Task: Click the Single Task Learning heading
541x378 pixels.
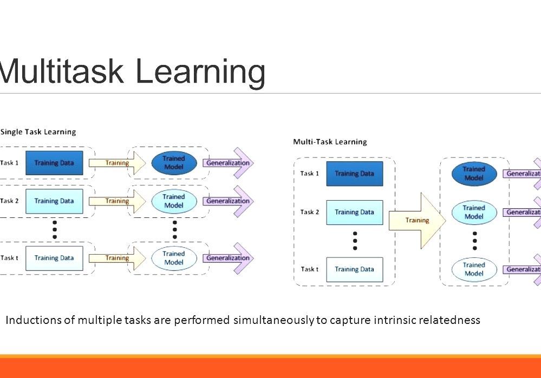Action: click(38, 132)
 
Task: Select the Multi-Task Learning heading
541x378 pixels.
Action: click(330, 142)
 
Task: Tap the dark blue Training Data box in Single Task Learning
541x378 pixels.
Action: click(54, 163)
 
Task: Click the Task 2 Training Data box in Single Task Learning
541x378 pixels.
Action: click(54, 201)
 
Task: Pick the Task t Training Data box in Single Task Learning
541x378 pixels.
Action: click(54, 258)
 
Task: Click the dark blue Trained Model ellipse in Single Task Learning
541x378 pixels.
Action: click(173, 163)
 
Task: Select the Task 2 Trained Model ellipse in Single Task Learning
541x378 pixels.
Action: click(173, 201)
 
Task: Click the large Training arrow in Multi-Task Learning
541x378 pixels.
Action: click(418, 220)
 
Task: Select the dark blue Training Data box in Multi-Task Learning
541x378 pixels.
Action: click(354, 174)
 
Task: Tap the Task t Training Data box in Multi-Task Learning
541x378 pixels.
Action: click(354, 269)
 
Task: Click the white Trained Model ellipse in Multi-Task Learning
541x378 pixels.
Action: click(474, 269)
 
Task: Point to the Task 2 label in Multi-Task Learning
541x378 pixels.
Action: click(309, 212)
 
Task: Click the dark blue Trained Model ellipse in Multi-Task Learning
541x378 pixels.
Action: click(474, 174)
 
